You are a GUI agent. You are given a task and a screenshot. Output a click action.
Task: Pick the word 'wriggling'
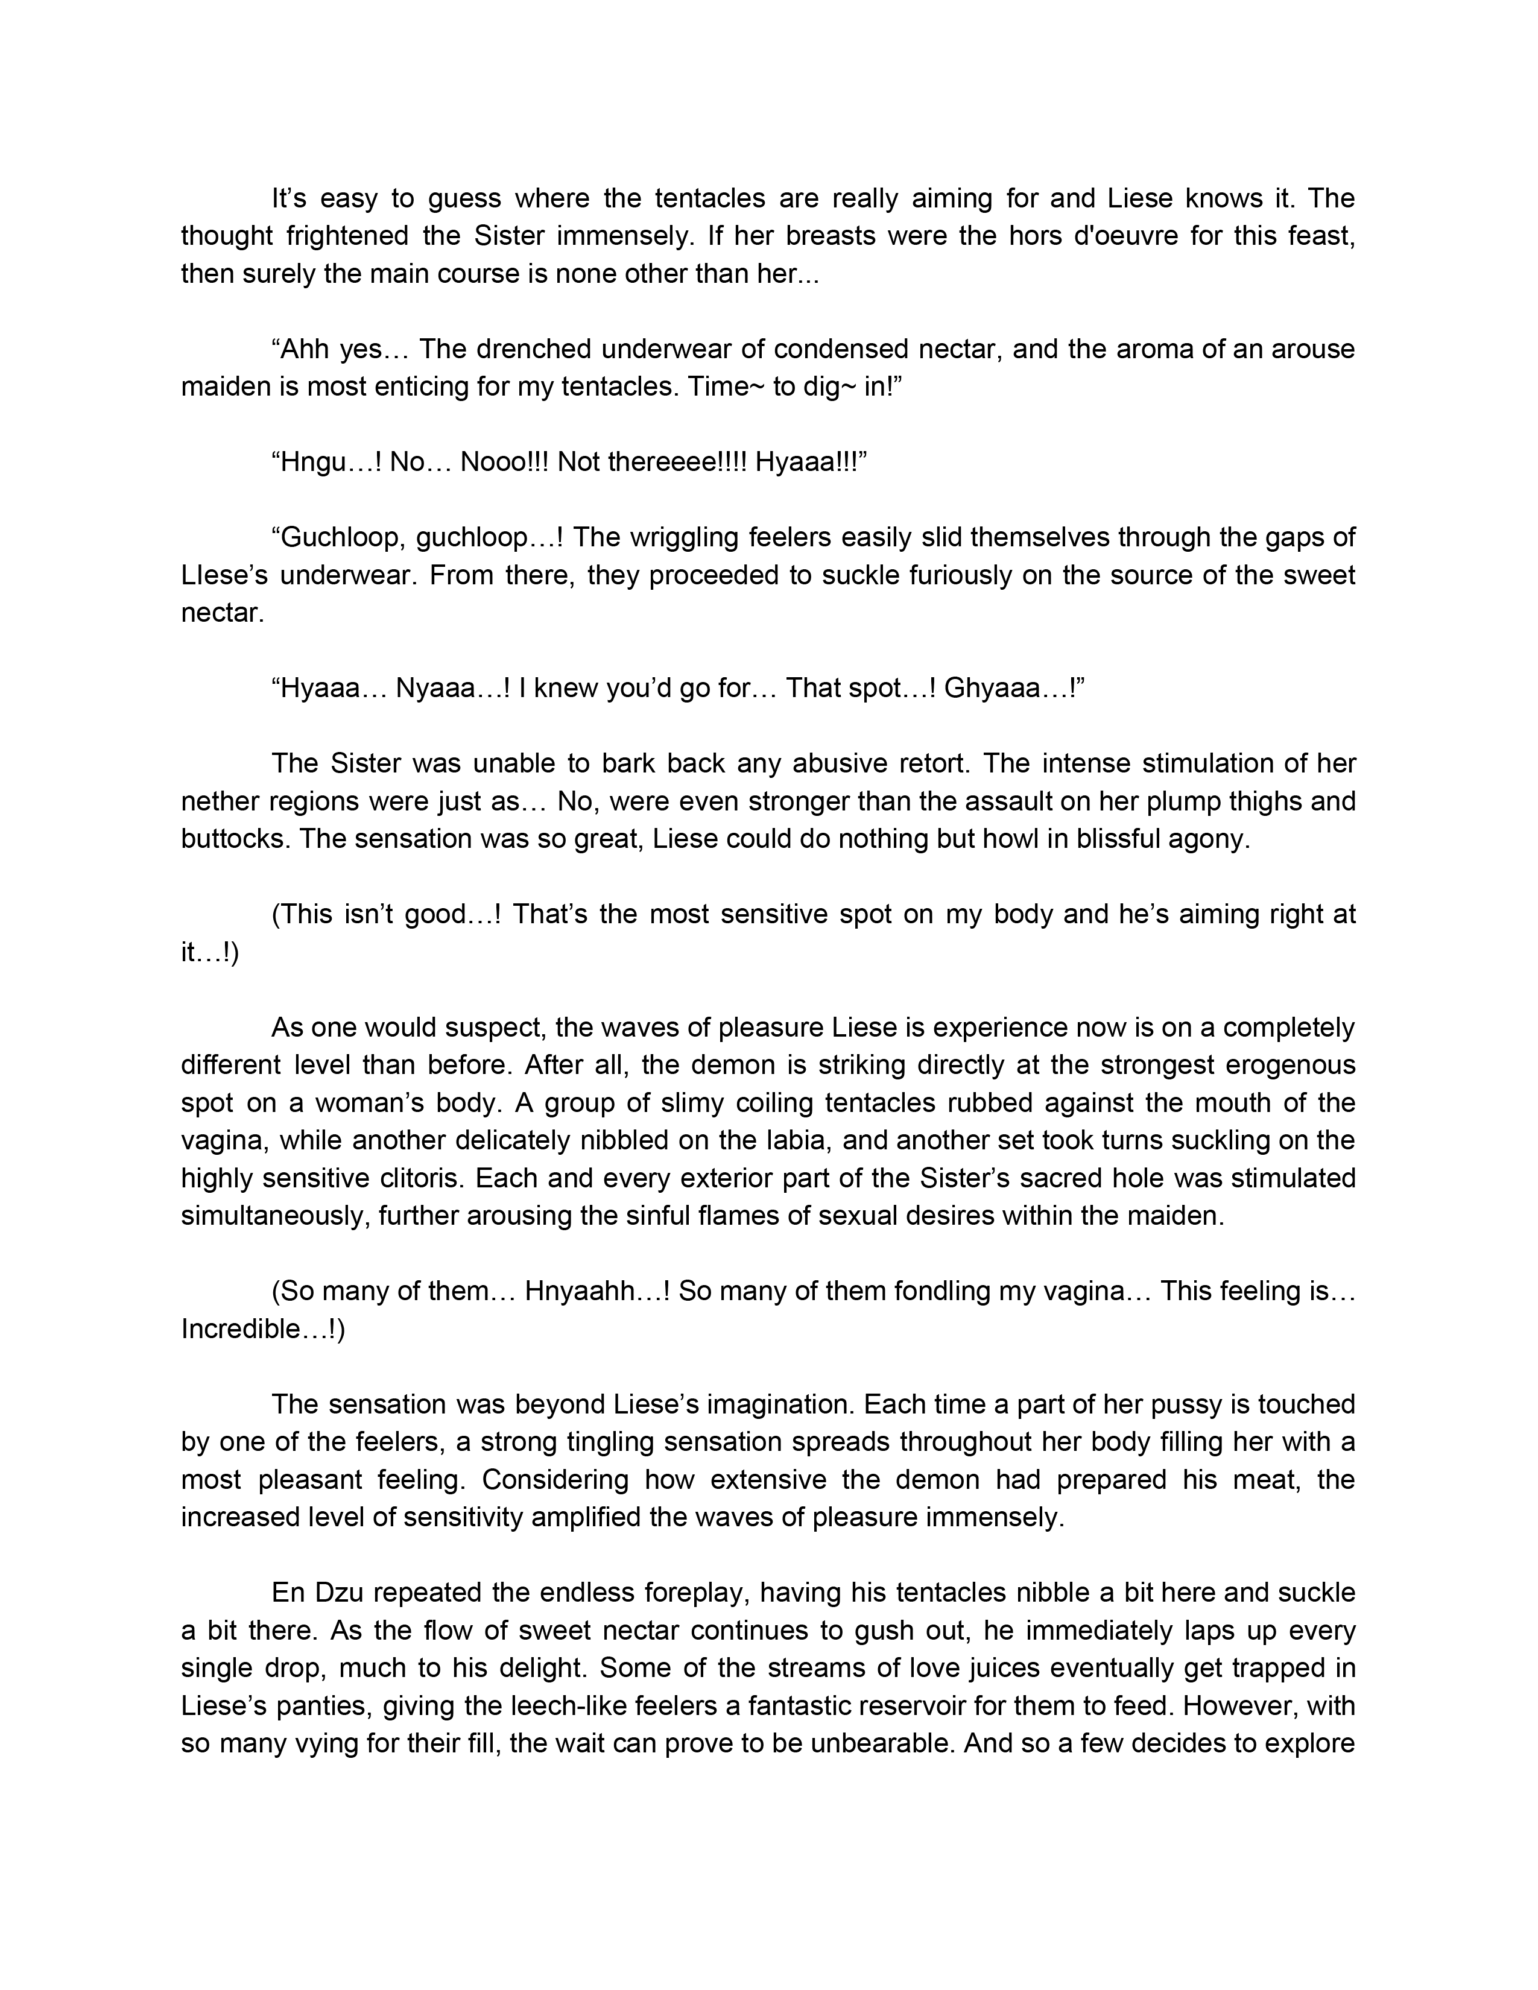pyautogui.click(x=669, y=537)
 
